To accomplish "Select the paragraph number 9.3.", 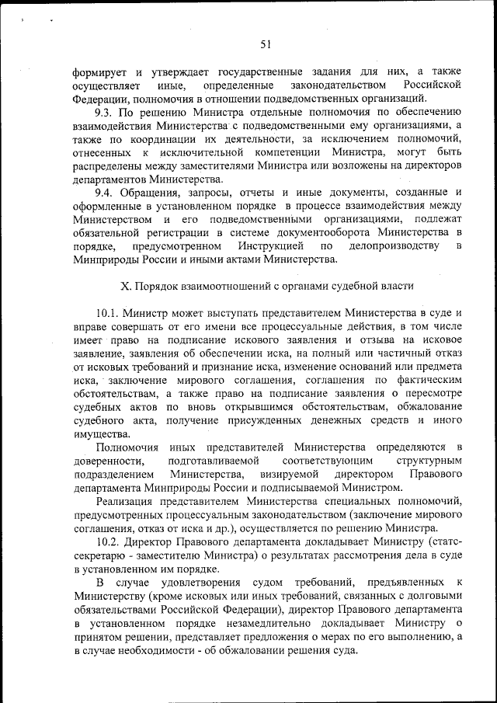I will pyautogui.click(x=103, y=111).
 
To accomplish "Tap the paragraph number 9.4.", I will pyautogui.click(x=103, y=191).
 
